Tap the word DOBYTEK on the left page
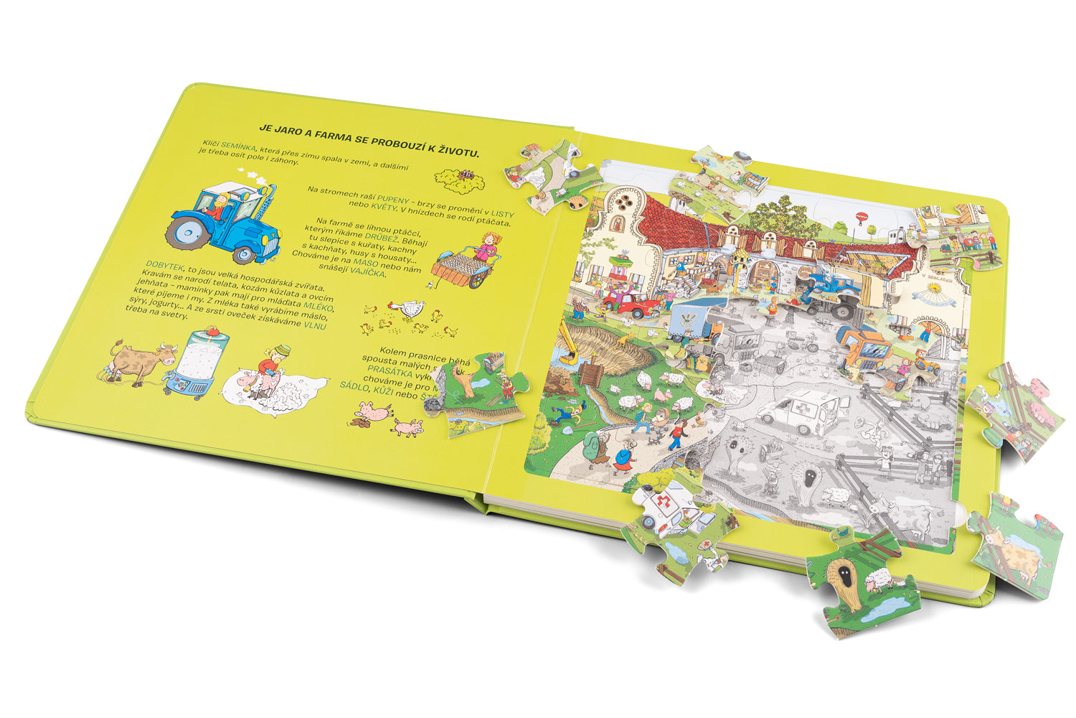[164, 264]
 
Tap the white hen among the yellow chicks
[410, 309]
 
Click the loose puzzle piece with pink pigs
[1016, 411]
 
